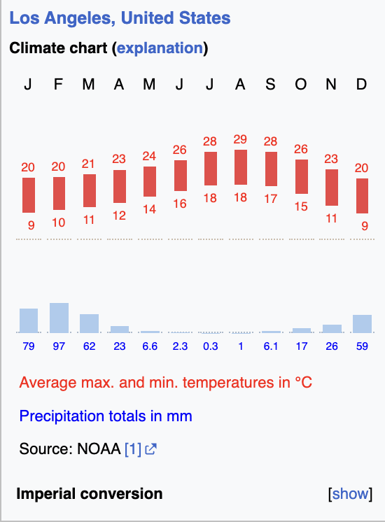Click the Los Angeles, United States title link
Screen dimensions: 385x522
point(120,18)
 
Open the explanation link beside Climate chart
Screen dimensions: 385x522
point(160,48)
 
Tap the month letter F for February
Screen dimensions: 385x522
point(58,84)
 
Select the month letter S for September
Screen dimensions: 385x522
point(270,84)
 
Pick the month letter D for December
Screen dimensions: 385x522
point(361,84)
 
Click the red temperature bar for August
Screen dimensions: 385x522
point(241,167)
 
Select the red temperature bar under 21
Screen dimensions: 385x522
point(90,190)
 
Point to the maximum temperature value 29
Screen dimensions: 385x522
point(240,139)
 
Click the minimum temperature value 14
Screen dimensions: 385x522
point(149,209)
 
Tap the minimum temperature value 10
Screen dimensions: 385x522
point(58,223)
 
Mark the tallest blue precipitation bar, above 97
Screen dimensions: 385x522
point(59,318)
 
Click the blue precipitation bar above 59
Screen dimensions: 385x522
point(363,323)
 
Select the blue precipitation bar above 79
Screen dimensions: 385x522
point(29,320)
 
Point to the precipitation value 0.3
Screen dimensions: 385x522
point(211,346)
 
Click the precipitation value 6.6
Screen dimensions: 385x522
point(150,346)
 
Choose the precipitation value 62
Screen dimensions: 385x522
point(90,346)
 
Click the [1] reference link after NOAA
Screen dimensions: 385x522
point(133,449)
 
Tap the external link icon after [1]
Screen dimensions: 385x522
point(151,449)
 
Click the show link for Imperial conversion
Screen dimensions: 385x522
point(351,494)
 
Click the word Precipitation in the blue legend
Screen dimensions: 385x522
point(62,416)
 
